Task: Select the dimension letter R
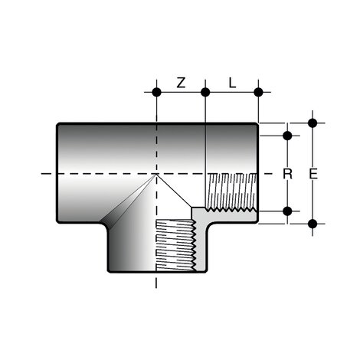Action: tap(288, 174)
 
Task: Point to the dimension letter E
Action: tap(313, 174)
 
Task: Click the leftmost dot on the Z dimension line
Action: tap(156, 93)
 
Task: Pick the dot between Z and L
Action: tap(206, 93)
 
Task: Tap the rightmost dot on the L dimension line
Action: tap(258, 93)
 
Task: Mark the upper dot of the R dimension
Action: tap(288, 136)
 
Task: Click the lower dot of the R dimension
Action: tap(288, 211)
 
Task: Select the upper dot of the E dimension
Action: tap(313, 123)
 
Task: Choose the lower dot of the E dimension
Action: tap(313, 224)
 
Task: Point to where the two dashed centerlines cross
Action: tap(156, 175)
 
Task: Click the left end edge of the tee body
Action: tap(56, 174)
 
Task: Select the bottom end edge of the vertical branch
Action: tap(156, 273)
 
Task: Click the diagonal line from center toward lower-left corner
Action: tap(130, 201)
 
